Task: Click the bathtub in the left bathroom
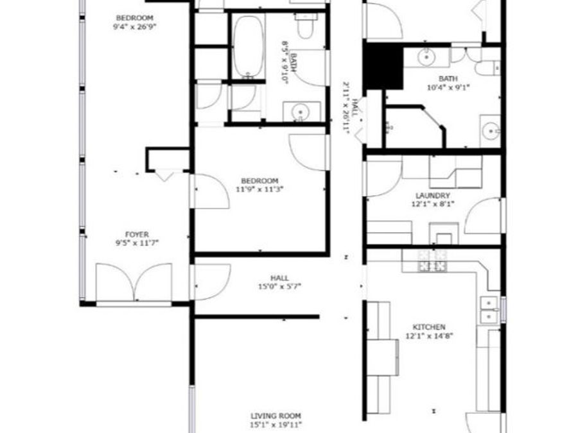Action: [247, 46]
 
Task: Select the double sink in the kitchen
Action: [489, 309]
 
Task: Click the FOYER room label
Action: [137, 235]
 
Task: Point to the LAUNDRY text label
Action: [433, 196]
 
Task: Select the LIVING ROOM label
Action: [276, 416]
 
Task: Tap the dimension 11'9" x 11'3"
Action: [259, 189]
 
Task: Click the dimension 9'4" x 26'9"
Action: [134, 27]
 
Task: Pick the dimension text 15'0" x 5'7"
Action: [279, 287]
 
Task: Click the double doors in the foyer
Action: [135, 282]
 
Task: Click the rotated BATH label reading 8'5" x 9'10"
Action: [288, 62]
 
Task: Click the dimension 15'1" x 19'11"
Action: [276, 425]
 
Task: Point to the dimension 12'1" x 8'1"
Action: [433, 205]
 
